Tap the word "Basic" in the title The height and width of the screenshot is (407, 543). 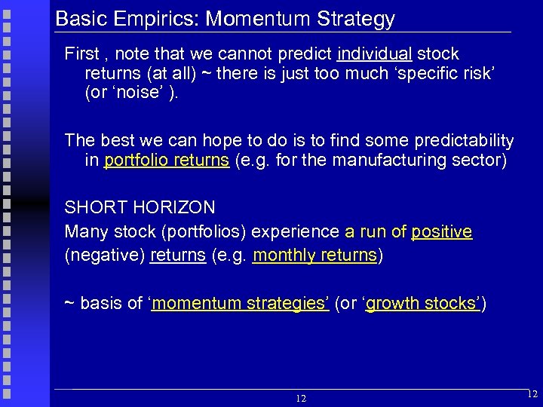(79, 19)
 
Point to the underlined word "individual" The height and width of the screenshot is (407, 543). (375, 54)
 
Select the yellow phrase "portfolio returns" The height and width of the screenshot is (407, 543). (167, 161)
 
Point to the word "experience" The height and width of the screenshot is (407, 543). (295, 231)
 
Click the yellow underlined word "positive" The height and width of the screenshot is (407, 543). (441, 231)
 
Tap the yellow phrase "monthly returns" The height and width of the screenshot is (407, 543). (314, 256)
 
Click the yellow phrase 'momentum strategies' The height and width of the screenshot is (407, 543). (240, 304)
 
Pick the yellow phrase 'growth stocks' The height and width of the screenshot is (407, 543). (422, 304)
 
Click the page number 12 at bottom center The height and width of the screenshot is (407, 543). (301, 398)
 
